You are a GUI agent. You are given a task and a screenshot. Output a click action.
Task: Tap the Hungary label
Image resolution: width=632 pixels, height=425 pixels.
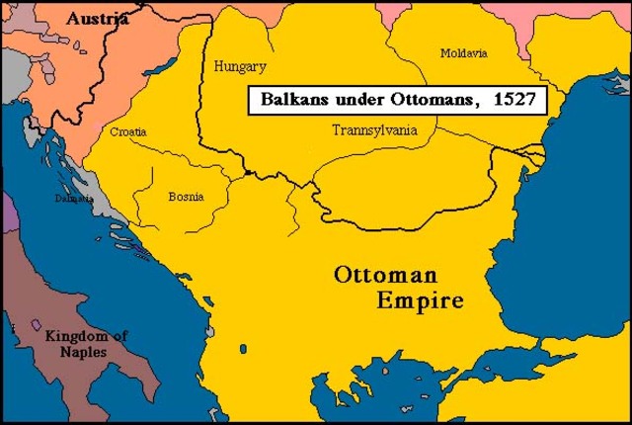click(240, 67)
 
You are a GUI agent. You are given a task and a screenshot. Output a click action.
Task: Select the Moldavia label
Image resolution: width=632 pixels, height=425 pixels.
click(462, 51)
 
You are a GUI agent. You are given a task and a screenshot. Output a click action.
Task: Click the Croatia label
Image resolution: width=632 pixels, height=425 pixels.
click(130, 130)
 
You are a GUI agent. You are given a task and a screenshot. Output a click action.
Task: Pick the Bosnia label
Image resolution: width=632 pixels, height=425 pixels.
click(186, 197)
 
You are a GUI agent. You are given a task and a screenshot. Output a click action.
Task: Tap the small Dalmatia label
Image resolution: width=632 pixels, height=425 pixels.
click(75, 199)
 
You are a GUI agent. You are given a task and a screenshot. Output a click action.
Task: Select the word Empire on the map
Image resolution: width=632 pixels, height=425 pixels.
click(419, 300)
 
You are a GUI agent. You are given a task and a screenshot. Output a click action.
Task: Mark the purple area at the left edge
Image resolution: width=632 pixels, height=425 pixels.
click(8, 212)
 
